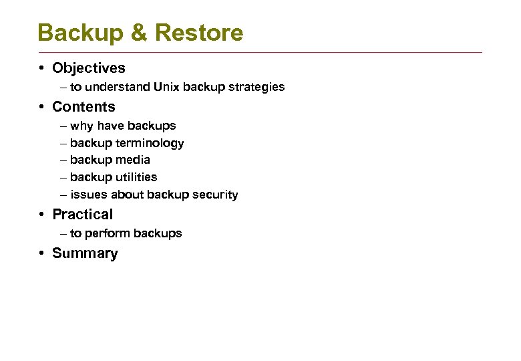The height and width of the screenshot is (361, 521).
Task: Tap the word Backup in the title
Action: tap(78, 32)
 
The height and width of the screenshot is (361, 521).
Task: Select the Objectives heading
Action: tap(88, 68)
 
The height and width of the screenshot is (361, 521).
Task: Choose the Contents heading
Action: tap(83, 107)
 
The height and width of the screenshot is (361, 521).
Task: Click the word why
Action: tap(81, 126)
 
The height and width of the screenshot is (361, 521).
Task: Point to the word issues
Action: tap(84, 195)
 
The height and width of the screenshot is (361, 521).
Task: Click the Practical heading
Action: tap(83, 215)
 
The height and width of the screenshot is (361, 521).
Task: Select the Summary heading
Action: tap(85, 253)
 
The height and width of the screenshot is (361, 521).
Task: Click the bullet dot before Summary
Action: tap(41, 253)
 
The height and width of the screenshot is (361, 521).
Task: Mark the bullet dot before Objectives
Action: tap(41, 68)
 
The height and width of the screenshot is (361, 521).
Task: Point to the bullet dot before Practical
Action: tap(41, 215)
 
